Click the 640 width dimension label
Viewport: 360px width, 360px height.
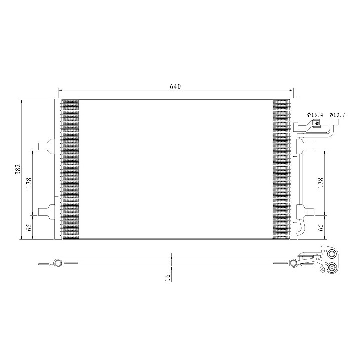(x=175, y=87)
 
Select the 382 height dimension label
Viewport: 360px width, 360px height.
(x=18, y=169)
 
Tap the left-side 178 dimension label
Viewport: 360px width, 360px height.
(x=29, y=183)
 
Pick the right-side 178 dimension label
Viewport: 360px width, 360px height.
(x=321, y=183)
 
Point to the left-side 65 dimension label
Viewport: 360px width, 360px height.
(x=29, y=228)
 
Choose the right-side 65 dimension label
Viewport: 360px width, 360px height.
(x=321, y=227)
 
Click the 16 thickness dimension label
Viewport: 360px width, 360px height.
(x=168, y=278)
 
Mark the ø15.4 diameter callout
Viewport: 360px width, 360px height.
(x=315, y=115)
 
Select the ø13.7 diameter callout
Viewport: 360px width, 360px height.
(x=337, y=115)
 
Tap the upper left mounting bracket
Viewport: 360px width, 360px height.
(x=47, y=146)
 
